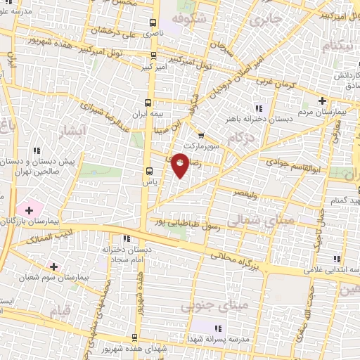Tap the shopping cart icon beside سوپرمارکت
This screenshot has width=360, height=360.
click(x=201, y=136)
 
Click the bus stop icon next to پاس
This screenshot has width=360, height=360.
click(x=148, y=171)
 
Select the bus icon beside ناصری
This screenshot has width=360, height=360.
click(x=154, y=23)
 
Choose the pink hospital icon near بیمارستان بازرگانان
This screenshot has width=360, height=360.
click(x=30, y=209)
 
